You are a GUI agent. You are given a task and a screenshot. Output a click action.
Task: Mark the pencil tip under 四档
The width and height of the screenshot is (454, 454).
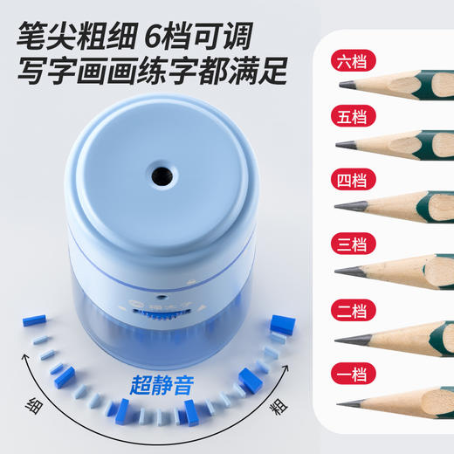point(340,205)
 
